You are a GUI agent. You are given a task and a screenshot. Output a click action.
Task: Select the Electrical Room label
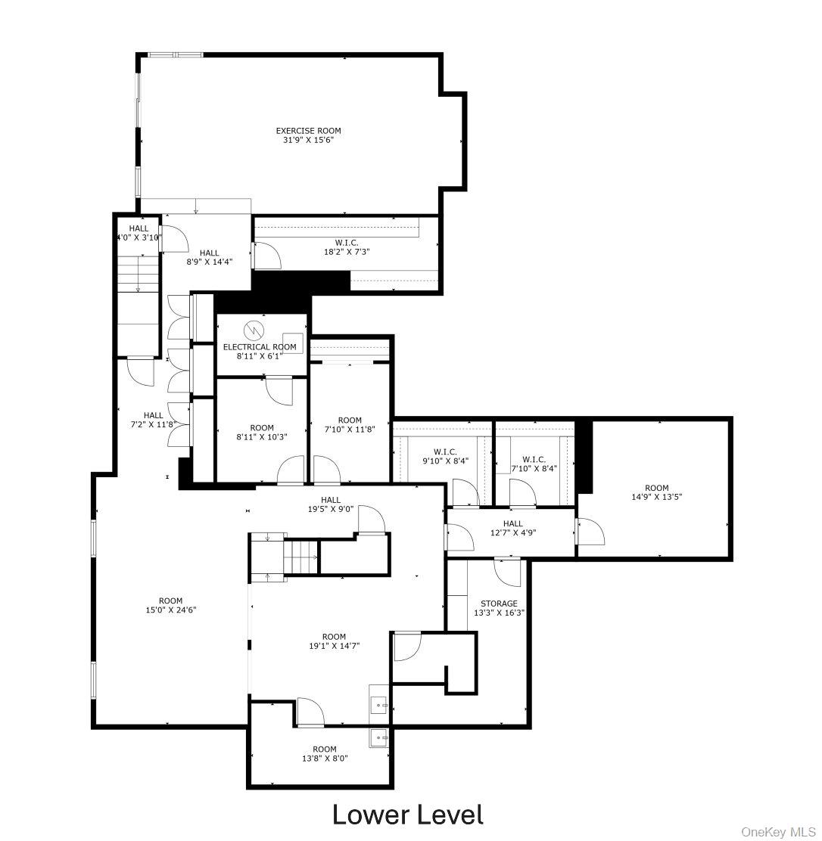(260, 347)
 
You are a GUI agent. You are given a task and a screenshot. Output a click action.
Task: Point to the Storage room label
(500, 604)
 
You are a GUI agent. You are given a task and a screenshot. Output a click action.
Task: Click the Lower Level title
(407, 815)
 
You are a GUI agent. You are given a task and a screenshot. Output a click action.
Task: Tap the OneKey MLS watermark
(778, 832)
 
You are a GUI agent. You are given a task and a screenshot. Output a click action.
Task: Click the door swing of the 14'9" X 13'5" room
(591, 530)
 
